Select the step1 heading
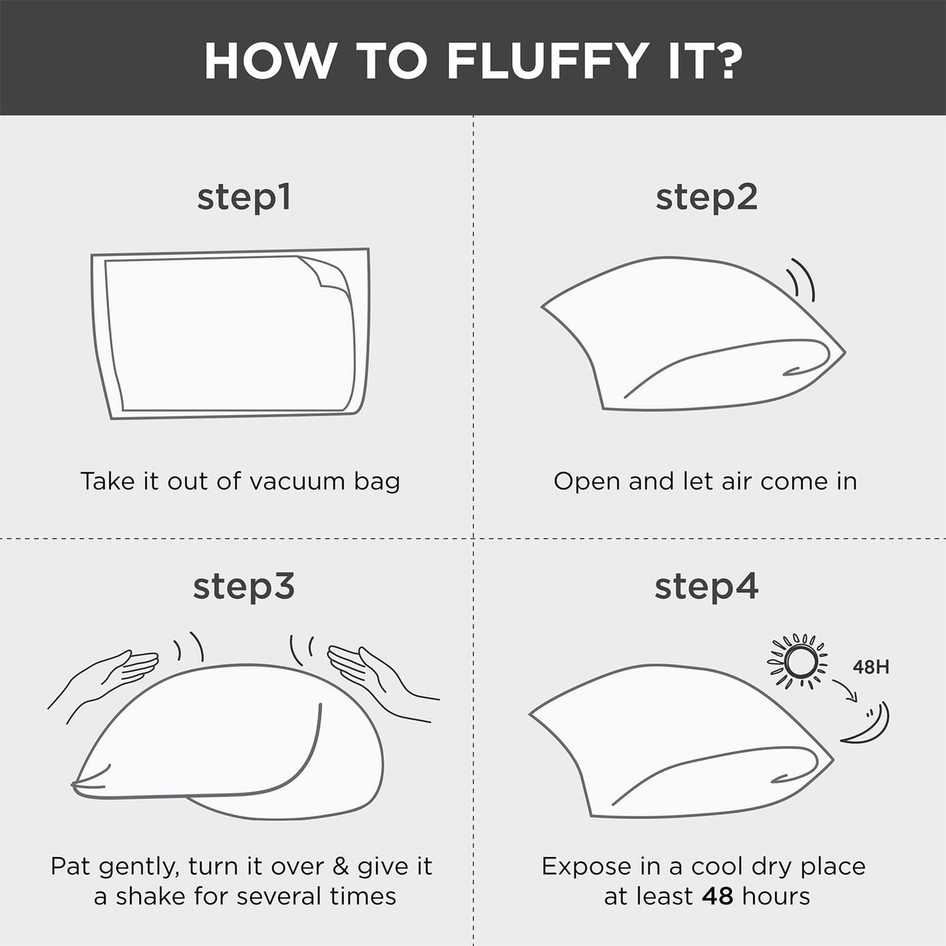[244, 198]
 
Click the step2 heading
[706, 198]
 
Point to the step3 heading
[244, 588]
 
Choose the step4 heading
[706, 588]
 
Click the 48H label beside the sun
[871, 667]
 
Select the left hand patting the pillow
[103, 680]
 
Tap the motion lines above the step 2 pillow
[800, 280]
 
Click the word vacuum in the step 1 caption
[297, 482]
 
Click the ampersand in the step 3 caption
[340, 867]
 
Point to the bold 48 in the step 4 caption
[718, 896]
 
